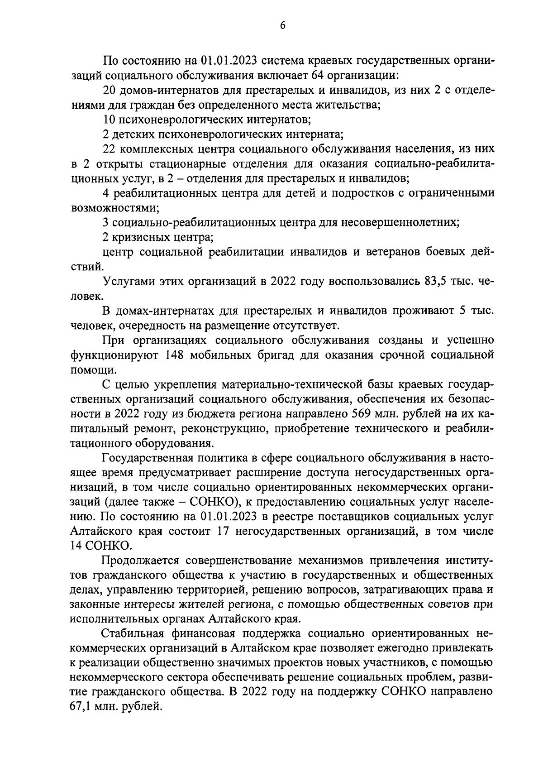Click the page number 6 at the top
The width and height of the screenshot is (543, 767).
282,26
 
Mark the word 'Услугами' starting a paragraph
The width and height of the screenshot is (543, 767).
127,282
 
